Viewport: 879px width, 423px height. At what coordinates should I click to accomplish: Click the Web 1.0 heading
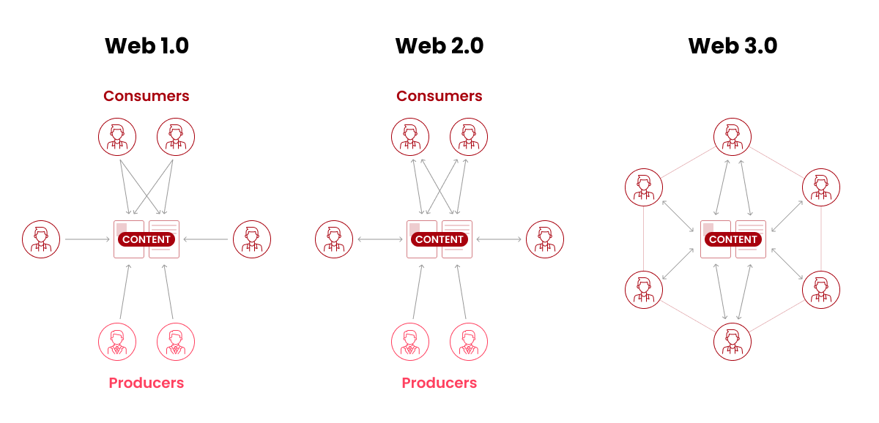[146, 46]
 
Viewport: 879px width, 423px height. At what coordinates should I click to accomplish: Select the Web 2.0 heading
[439, 46]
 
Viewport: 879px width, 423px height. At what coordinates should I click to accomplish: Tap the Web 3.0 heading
[732, 46]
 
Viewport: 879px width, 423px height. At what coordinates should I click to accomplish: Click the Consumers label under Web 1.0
[146, 96]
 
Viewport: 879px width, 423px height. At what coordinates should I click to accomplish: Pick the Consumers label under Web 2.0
[439, 96]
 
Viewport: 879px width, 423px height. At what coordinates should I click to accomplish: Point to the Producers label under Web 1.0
[146, 383]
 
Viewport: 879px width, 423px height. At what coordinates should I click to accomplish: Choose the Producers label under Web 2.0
[439, 383]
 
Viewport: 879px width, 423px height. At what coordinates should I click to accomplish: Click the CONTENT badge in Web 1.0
[146, 239]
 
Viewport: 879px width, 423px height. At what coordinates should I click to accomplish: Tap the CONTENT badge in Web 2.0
[439, 239]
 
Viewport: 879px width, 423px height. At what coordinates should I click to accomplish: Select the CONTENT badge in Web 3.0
[733, 239]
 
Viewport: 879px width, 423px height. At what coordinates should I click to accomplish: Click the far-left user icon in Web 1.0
[41, 239]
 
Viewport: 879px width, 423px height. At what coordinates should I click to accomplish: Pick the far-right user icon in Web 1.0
[252, 239]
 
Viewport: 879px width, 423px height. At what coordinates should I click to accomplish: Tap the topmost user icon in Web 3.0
[732, 137]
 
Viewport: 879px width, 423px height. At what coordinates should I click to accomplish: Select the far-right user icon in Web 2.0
[545, 239]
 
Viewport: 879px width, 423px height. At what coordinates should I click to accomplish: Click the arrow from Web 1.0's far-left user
[87, 239]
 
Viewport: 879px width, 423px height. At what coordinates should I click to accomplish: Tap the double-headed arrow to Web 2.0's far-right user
[500, 239]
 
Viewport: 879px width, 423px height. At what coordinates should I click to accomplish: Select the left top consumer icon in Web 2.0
[410, 137]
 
